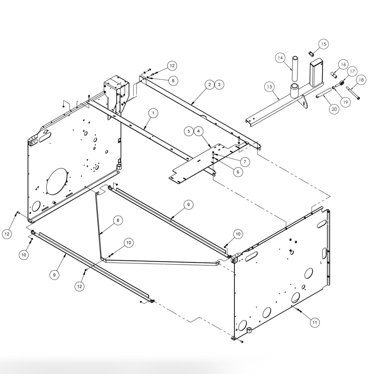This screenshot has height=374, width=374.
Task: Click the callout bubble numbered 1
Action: (x=153, y=113)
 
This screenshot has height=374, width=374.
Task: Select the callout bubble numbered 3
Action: (x=219, y=85)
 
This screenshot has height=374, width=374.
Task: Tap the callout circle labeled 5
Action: (x=189, y=131)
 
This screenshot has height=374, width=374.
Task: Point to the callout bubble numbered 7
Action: (x=245, y=162)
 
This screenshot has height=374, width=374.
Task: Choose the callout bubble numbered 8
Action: (x=117, y=220)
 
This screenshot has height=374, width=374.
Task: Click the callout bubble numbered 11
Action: (x=314, y=322)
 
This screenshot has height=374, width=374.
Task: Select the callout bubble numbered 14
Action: (x=280, y=58)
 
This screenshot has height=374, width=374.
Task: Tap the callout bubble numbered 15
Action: (x=323, y=44)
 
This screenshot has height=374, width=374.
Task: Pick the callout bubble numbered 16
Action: (x=343, y=65)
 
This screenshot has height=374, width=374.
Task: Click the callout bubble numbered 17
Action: (x=352, y=71)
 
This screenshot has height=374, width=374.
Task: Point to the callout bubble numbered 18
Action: (x=361, y=80)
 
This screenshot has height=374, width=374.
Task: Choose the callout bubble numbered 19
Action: (x=345, y=102)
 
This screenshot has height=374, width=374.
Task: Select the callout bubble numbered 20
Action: (x=334, y=109)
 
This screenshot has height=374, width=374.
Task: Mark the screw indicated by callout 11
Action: (x=299, y=310)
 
